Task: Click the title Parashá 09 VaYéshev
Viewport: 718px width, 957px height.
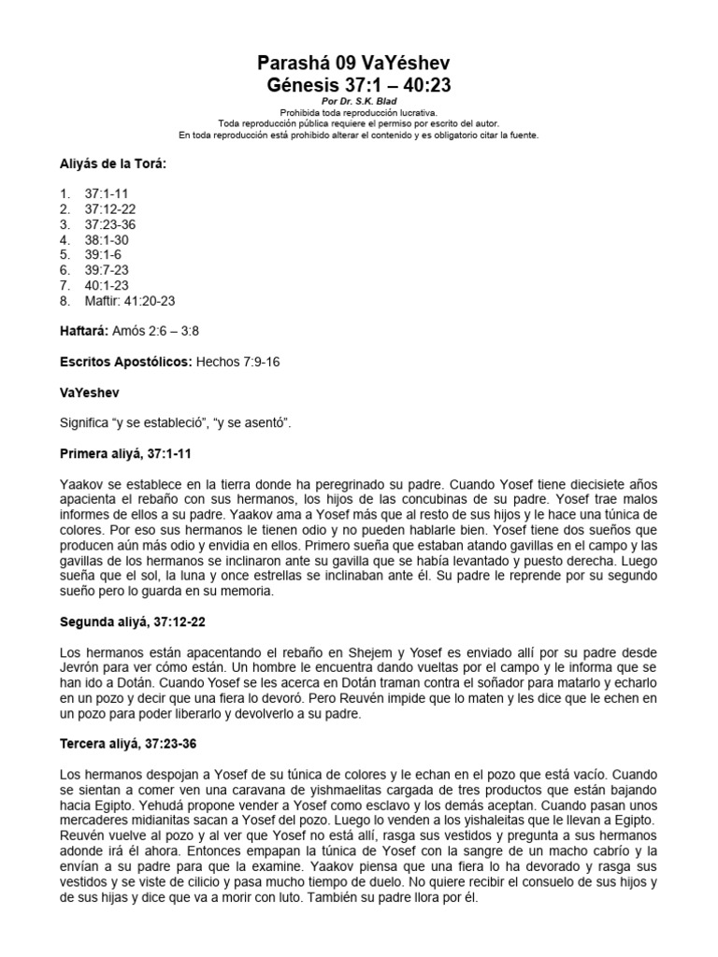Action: (x=359, y=64)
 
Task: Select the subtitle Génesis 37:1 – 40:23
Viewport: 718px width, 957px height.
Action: (x=359, y=85)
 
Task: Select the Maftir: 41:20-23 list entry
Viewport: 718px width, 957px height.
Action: (x=130, y=300)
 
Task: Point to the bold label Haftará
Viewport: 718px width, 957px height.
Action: (x=83, y=331)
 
